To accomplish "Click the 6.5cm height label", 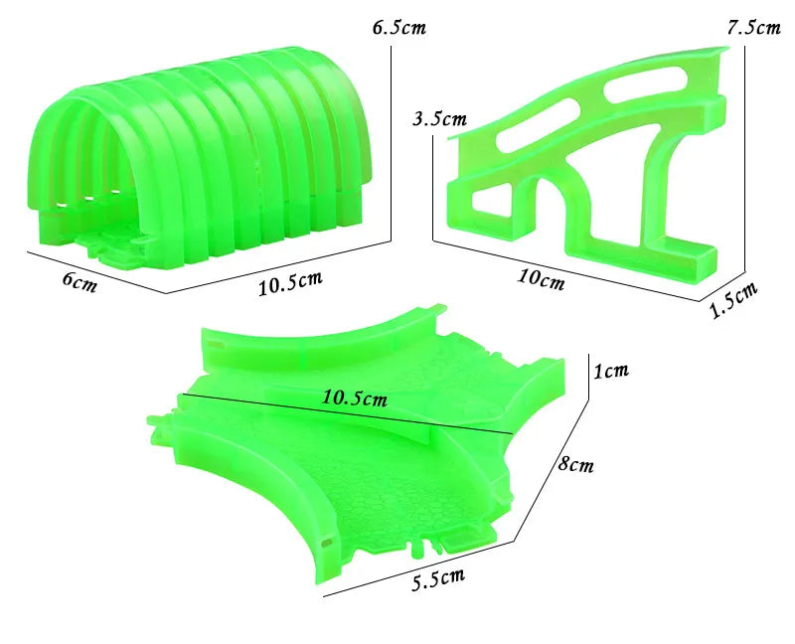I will (x=399, y=27).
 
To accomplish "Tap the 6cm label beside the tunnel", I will (x=79, y=280).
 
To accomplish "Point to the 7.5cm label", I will (x=753, y=27).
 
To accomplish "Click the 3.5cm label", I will (x=438, y=119).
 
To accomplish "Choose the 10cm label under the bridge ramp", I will (x=541, y=278).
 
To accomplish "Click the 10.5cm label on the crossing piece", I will (x=354, y=398).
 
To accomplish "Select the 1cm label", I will (x=612, y=372).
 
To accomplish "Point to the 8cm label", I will (x=574, y=463).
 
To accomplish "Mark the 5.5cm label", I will (x=438, y=577).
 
